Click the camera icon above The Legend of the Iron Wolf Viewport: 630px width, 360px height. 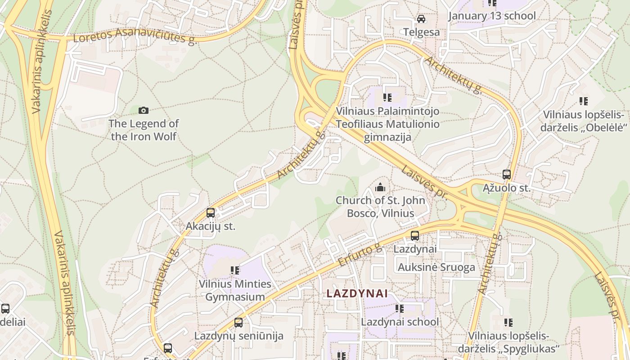tap(144, 110)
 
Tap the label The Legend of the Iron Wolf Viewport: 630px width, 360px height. tap(144, 130)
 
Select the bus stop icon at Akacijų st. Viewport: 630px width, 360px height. tap(211, 213)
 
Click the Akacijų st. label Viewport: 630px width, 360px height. tap(211, 226)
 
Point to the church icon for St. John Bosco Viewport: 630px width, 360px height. tap(380, 187)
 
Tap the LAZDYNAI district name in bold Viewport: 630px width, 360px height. tap(357, 293)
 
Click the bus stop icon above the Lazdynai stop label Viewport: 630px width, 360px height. tap(415, 235)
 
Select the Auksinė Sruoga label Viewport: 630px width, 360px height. tap(436, 267)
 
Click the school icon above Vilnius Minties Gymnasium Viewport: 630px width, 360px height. tap(235, 270)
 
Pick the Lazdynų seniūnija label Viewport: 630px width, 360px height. tap(238, 336)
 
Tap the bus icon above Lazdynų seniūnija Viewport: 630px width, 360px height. tap(238, 323)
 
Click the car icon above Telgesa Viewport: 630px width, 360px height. tap(421, 19)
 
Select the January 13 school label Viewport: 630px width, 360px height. tap(492, 16)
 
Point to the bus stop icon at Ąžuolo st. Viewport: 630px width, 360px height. tap(507, 175)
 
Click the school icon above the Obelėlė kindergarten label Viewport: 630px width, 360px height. tap(584, 101)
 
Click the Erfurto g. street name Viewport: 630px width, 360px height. tap(360, 255)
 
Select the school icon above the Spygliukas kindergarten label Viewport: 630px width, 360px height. tap(508, 323)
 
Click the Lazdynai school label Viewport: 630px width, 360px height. tap(400, 322)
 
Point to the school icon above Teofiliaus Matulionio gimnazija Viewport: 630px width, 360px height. tap(387, 98)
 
